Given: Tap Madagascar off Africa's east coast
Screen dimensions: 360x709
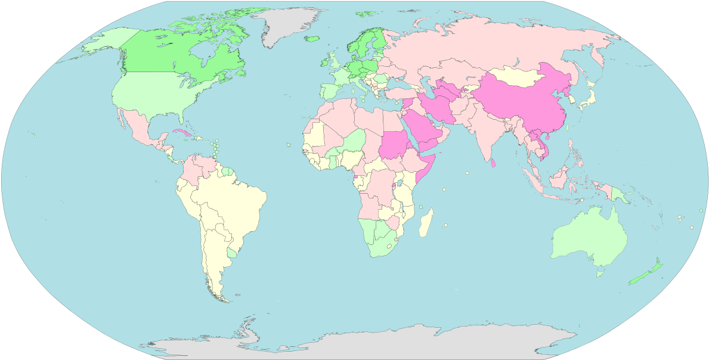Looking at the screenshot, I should tap(426, 223).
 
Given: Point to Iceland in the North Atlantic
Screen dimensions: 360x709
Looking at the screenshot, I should tap(312, 39).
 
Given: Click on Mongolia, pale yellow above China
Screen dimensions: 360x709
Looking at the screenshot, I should tap(519, 76).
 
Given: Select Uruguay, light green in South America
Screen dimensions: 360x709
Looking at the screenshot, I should tap(231, 253).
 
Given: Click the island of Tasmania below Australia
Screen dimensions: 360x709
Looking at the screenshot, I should tap(599, 273).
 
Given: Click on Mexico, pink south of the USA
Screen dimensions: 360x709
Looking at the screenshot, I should tap(140, 128).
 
